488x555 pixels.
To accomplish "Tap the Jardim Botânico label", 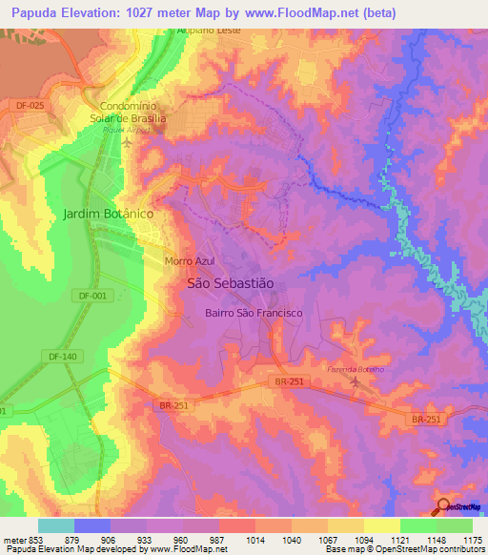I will [108, 214].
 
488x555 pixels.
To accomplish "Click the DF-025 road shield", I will [30, 105].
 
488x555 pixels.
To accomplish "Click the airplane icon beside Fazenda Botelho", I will [356, 382].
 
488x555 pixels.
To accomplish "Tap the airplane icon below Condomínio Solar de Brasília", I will [129, 142].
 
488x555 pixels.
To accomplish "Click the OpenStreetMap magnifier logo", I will [443, 506].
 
